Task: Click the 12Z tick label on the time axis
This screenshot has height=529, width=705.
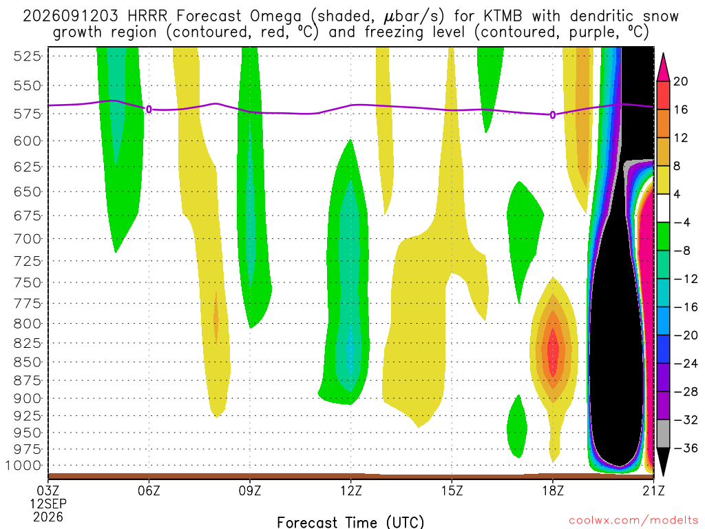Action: pyautogui.click(x=350, y=490)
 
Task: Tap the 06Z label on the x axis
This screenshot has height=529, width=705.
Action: pyautogui.click(x=149, y=490)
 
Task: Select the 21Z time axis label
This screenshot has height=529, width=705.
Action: pyautogui.click(x=653, y=490)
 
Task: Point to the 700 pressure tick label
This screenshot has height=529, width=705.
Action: pyautogui.click(x=28, y=238)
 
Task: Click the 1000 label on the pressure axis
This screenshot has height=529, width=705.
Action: pyautogui.click(x=24, y=466)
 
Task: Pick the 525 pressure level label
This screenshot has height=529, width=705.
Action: pyautogui.click(x=28, y=56)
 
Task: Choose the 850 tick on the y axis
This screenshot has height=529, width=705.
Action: pyautogui.click(x=28, y=362)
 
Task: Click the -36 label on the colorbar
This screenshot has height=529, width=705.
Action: pyautogui.click(x=685, y=448)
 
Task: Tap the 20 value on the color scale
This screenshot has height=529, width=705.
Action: pyautogui.click(x=680, y=81)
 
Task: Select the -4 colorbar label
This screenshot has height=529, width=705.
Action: pyautogui.click(x=682, y=222)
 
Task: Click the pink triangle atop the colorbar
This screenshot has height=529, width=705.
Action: pyautogui.click(x=663, y=68)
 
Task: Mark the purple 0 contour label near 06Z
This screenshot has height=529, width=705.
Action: pyautogui.click(x=149, y=110)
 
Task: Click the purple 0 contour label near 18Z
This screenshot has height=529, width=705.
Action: pyautogui.click(x=553, y=115)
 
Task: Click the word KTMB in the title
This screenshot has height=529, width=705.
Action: pyautogui.click(x=503, y=17)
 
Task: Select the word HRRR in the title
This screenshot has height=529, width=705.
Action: pyautogui.click(x=147, y=17)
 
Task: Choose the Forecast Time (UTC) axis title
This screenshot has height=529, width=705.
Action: pyautogui.click(x=350, y=522)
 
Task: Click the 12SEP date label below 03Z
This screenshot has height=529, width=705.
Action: pyautogui.click(x=48, y=504)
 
